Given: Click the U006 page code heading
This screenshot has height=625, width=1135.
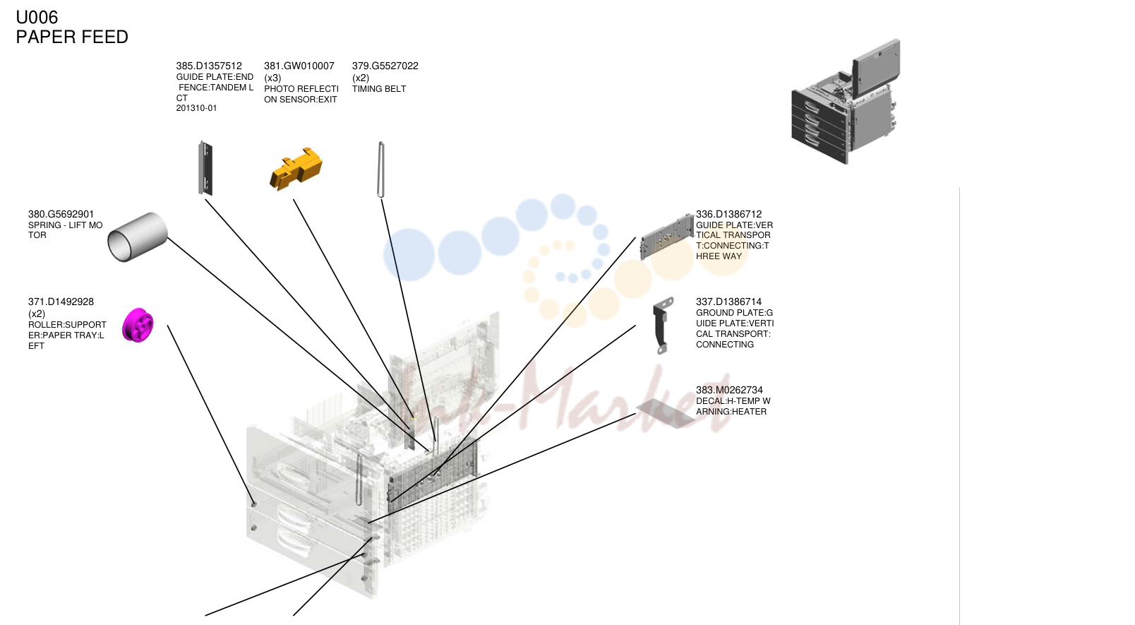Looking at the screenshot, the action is click(x=37, y=18).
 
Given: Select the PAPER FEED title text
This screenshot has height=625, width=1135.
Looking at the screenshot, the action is click(x=72, y=37).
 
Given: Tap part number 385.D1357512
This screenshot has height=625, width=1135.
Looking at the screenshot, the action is click(x=209, y=66).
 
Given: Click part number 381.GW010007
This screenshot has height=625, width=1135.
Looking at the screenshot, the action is click(x=299, y=66).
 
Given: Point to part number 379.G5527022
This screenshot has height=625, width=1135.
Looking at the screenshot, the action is click(x=385, y=66).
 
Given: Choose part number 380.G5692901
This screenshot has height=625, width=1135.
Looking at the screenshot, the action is click(x=61, y=215).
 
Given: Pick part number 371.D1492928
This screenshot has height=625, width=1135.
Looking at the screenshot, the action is click(x=61, y=302).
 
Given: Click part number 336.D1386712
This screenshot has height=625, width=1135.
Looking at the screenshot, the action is click(x=728, y=215).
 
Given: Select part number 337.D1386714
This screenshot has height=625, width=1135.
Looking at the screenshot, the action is click(x=728, y=302).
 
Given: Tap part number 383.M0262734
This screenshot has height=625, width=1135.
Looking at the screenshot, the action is click(x=729, y=391).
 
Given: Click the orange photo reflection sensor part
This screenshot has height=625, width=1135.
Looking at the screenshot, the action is click(x=296, y=169).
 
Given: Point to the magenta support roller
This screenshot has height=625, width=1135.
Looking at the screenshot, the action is click(x=138, y=325).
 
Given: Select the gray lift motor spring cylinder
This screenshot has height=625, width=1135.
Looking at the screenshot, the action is click(x=138, y=237).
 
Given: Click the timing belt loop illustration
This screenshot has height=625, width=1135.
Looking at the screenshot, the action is click(x=381, y=169).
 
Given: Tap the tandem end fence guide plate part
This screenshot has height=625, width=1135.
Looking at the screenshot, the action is click(x=205, y=168).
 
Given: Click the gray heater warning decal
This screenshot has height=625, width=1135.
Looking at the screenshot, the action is click(x=666, y=413).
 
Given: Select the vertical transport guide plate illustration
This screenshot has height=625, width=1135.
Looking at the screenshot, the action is click(x=667, y=237).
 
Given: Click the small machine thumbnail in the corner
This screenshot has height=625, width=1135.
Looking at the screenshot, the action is click(x=846, y=102).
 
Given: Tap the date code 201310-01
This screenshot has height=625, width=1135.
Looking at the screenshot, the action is click(x=197, y=109).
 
